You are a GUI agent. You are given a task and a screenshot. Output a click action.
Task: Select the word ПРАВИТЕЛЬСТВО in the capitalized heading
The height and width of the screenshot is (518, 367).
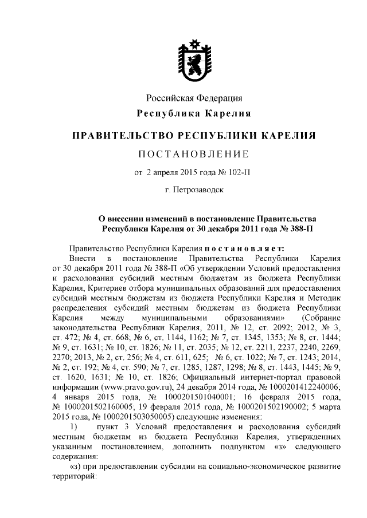(122, 136)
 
